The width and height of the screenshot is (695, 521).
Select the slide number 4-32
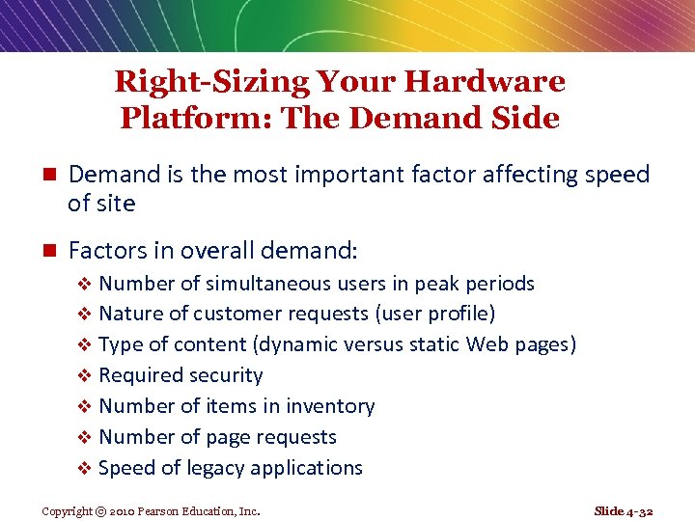point(640,510)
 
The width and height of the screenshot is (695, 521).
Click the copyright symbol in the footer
point(100,511)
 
